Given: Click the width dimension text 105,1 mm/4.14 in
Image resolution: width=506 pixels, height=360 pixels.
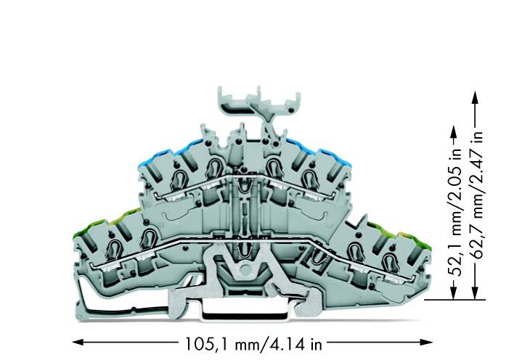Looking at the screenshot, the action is coord(253,344).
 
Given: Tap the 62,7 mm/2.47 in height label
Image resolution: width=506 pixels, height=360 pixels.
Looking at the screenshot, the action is coord(477,195).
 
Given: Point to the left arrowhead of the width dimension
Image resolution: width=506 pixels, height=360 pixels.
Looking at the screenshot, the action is coord(78,342).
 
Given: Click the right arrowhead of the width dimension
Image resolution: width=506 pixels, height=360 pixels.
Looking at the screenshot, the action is coord(427,342).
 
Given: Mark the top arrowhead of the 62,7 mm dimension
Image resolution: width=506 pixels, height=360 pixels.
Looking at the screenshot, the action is coord(475,97).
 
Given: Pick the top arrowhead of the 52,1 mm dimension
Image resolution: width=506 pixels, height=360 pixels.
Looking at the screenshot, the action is coord(454,131).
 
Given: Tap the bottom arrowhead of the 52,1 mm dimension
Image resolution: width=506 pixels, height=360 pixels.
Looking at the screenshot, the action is coord(454,293).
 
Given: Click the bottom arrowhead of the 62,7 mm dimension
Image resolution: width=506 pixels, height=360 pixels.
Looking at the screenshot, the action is coord(475,293).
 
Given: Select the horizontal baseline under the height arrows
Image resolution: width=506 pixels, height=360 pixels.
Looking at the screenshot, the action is coord(455,300).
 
